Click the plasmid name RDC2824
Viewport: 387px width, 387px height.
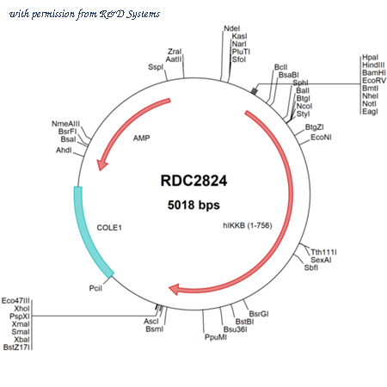coord(193,181)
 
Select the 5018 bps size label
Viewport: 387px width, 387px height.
coord(193,205)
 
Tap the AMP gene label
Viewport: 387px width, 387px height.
coord(141,138)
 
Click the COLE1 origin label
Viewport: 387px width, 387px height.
coord(109,228)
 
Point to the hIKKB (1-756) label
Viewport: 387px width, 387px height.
coord(248,225)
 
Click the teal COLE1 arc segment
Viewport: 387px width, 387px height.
coord(89,235)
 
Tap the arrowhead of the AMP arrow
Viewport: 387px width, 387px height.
coord(101,164)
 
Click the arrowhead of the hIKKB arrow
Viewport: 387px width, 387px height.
coord(175,289)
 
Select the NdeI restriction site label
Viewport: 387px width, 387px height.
coord(231,28)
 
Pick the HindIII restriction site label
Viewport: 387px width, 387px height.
coord(373,65)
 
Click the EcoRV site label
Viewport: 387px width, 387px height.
coord(374,81)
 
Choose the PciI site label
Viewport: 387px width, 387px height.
coord(95,288)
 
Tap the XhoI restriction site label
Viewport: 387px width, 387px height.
coord(21,309)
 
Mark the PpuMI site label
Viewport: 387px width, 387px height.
coord(216,337)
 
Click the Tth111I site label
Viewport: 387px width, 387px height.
coord(323,252)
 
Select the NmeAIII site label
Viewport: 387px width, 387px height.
coord(65,124)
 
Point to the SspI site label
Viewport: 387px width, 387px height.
coord(156,67)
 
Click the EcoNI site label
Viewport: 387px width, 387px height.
coord(321,138)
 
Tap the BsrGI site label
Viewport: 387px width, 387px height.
coord(259,314)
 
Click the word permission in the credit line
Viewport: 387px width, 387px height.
coord(53,14)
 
